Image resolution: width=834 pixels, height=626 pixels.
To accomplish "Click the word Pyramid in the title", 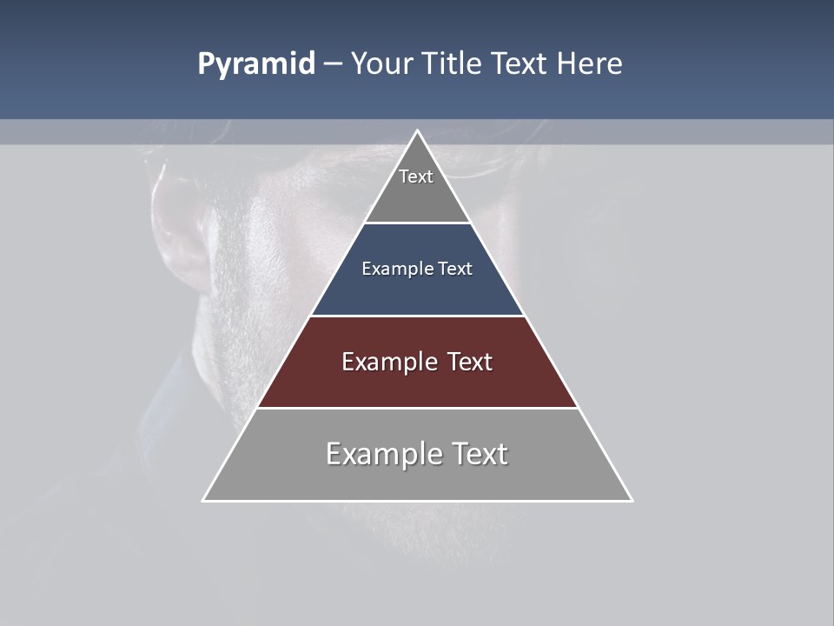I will coord(255,64).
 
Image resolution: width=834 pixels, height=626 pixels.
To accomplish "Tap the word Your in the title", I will coord(383,64).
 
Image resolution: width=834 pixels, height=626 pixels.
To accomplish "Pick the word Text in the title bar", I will coord(520,64).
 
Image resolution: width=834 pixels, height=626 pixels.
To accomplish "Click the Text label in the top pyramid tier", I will coord(416,176).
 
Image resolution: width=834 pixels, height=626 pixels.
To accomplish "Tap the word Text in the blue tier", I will coord(455,270).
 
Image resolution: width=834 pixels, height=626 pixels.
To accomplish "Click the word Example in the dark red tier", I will coord(387,362).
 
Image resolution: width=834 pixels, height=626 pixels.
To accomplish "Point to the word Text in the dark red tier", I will coord(471,362).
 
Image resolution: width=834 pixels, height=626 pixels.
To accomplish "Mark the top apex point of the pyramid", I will coord(417,131).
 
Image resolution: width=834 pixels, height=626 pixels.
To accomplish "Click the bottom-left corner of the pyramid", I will coord(203,501).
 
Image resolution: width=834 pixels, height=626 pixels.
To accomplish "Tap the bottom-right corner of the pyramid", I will coord(632,501).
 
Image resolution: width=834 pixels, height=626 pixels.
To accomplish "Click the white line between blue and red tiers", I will coord(417,316).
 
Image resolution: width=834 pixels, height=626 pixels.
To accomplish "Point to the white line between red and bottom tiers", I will coord(417,408).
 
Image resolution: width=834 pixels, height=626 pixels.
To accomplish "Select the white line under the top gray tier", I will coord(417,223).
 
